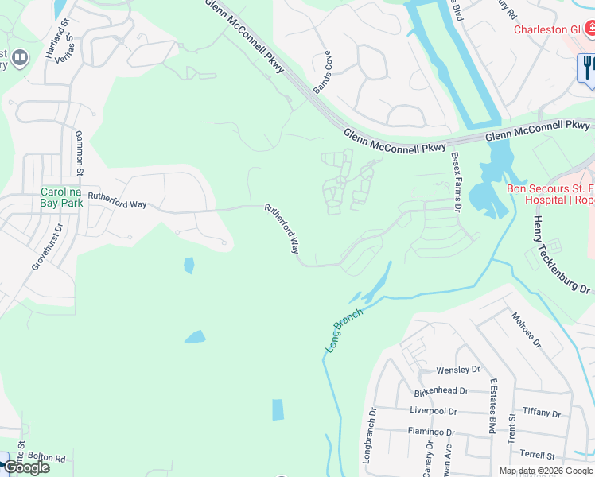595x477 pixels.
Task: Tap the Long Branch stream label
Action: (344, 331)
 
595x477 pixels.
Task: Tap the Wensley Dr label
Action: (458, 370)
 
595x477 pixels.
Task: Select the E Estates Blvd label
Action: (493, 406)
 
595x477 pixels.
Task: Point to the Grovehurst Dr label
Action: (36, 250)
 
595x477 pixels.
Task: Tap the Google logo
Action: (26, 467)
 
